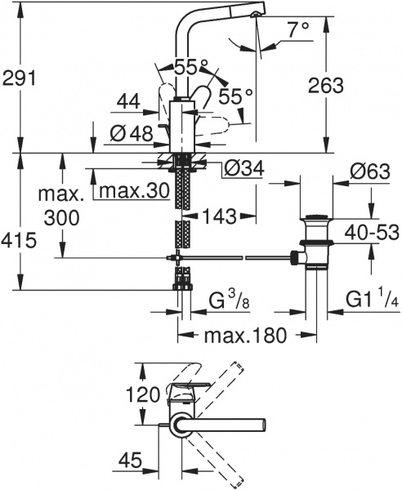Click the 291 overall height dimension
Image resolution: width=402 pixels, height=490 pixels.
20,78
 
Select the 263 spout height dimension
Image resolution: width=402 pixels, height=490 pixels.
327,82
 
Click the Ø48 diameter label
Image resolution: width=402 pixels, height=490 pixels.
129,131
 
